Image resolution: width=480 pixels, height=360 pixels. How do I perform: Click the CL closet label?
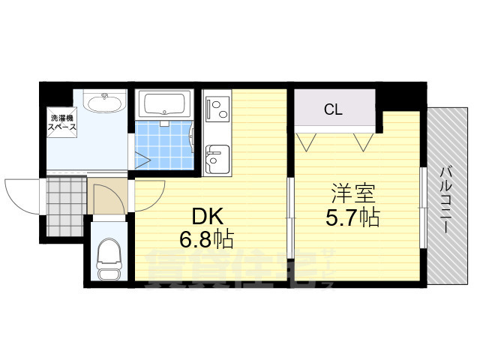point(333,109)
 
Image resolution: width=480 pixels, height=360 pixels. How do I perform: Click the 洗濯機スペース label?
point(62,123)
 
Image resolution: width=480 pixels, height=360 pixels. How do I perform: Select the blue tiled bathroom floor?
point(163,144)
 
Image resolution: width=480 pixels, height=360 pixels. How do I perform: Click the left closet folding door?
point(308,140)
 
